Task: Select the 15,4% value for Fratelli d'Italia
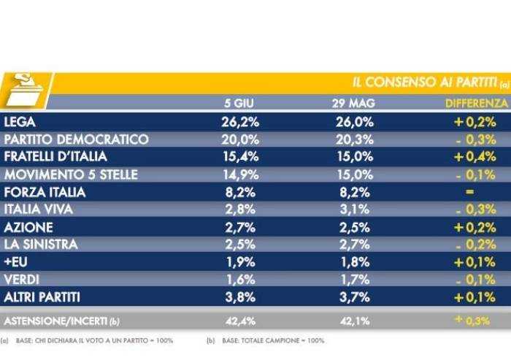pyautogui.click(x=239, y=156)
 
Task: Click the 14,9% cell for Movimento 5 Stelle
pyautogui.click(x=239, y=174)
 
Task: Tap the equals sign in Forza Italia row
pyautogui.click(x=469, y=192)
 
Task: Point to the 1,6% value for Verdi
pyautogui.click(x=239, y=280)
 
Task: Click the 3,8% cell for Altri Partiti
pyautogui.click(x=239, y=297)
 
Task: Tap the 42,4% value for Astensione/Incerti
pyautogui.click(x=239, y=321)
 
